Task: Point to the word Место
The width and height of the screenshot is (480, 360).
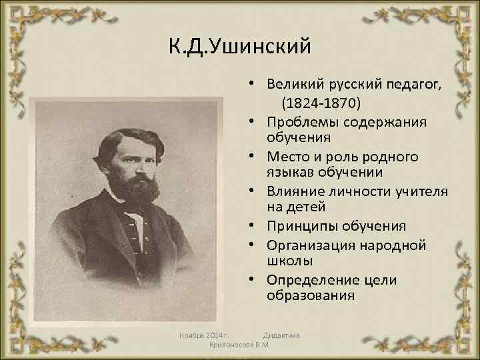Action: coord(287,157)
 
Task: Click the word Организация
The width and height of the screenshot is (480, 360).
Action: coord(310,245)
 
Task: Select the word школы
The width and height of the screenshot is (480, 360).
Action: coord(289,260)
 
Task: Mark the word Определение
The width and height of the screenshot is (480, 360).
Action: coord(310,280)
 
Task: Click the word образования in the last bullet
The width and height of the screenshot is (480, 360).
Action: coord(310,295)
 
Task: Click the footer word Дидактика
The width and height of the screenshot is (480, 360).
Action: coord(281,335)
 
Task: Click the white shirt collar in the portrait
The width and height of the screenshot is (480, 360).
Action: coord(137,217)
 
